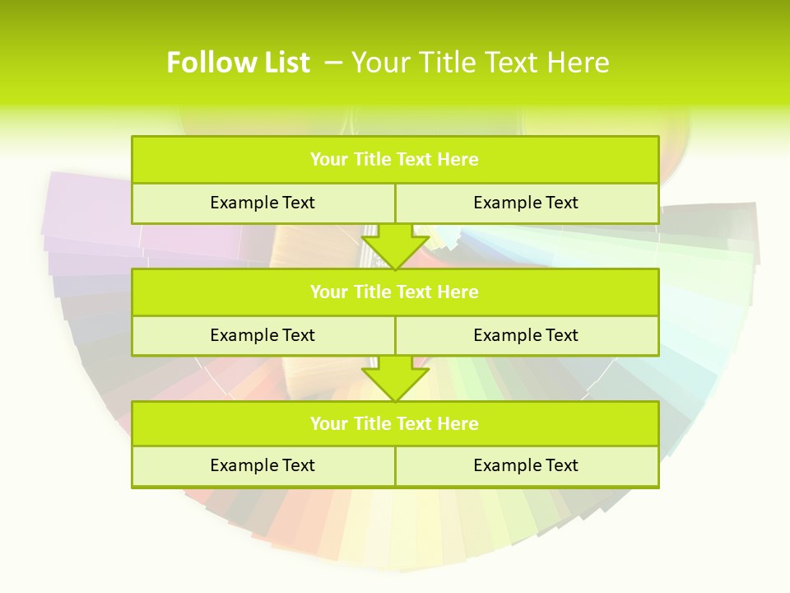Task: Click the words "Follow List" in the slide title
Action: [238, 63]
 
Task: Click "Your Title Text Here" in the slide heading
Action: [481, 63]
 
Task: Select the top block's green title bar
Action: [395, 160]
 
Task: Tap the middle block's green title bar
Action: [395, 292]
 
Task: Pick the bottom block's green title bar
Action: [395, 423]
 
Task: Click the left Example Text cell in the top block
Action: [263, 203]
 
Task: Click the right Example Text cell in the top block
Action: [526, 203]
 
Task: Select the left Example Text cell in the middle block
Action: [263, 335]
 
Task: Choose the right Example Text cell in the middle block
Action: [526, 335]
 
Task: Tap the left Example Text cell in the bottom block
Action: [263, 465]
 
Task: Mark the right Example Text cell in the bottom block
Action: [526, 465]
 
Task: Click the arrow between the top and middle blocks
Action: [395, 247]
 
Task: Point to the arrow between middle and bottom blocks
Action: [395, 379]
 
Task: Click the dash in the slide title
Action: [334, 63]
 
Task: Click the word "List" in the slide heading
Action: [286, 63]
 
